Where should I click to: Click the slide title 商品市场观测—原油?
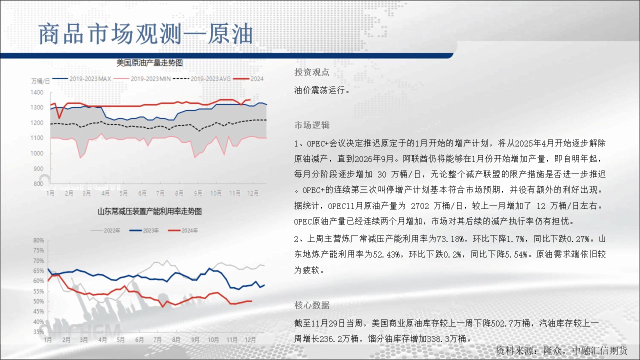145,34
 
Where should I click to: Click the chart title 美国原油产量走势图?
149,63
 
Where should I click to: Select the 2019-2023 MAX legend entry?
82,78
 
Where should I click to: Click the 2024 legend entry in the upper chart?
248,78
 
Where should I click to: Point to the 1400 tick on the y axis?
37,92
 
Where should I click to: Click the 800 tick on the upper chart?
38,183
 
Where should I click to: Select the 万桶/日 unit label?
40,81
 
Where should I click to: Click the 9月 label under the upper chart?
197,193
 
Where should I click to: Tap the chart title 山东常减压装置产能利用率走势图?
149,211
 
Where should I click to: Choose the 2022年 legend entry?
105,230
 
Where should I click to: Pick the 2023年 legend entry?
144,230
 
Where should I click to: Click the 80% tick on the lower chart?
38,240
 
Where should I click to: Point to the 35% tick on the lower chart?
38,332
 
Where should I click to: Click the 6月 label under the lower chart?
139,339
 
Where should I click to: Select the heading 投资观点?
312,72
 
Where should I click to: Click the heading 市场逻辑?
312,125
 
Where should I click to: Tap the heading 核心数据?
312,305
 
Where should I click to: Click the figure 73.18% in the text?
450,238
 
